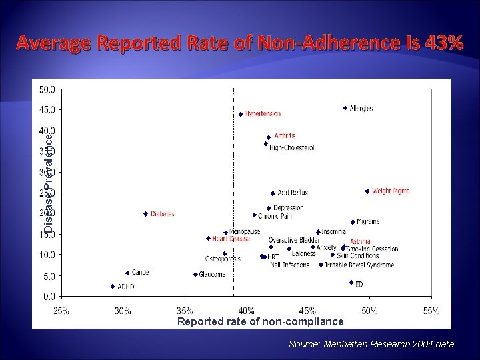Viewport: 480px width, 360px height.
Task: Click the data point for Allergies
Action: coord(345,108)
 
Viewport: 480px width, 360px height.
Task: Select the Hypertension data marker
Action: coord(241,114)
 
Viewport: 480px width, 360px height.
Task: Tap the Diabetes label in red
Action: coord(163,214)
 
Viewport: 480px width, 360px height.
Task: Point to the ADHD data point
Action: coord(113,286)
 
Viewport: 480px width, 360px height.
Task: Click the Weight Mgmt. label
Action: coord(391,191)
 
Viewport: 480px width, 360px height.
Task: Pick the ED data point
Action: coord(351,283)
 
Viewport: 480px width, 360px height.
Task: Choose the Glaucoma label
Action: coord(213,275)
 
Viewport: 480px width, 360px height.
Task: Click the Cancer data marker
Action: coord(127,273)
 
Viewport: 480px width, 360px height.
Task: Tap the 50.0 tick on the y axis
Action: coord(47,89)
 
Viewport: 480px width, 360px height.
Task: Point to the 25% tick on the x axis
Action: coord(61,311)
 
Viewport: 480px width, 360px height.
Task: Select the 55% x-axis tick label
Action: coord(431,311)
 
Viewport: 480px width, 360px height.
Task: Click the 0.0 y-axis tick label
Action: coord(49,296)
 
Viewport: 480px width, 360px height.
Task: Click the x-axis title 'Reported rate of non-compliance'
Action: coord(261,322)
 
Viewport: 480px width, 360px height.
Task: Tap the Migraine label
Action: coord(368,221)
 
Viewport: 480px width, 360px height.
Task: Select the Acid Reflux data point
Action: coord(273,193)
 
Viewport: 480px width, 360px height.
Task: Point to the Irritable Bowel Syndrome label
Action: coord(359,265)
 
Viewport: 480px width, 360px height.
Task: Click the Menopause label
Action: coord(245,231)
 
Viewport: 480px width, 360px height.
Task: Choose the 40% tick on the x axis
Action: coord(246,311)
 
